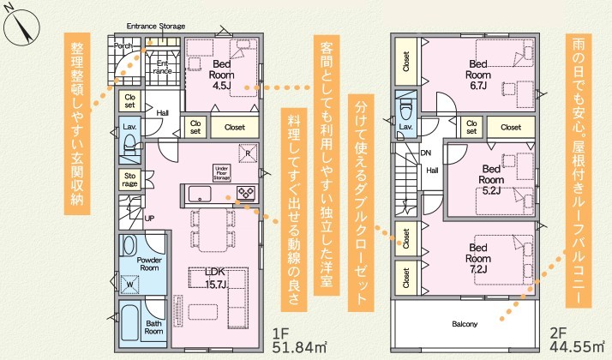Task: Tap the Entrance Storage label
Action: (x=156, y=27)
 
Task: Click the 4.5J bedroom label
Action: (x=222, y=75)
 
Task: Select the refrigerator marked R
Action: (x=248, y=153)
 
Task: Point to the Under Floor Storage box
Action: (x=222, y=173)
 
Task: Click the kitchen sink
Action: (x=200, y=194)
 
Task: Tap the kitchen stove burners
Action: (x=246, y=193)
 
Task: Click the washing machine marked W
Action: (x=129, y=284)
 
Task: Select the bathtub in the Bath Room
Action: (x=129, y=323)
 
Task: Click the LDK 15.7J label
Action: (x=216, y=278)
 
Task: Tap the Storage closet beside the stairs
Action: (x=130, y=180)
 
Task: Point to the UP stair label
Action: (x=149, y=219)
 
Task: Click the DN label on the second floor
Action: (x=426, y=153)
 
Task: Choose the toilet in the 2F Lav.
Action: (x=406, y=111)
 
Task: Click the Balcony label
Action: (x=465, y=324)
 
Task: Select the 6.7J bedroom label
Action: (x=478, y=75)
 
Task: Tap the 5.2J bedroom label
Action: (x=491, y=180)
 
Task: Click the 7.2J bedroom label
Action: (x=478, y=259)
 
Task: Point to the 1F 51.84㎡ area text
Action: (x=299, y=340)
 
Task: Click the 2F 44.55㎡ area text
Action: (x=577, y=340)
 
